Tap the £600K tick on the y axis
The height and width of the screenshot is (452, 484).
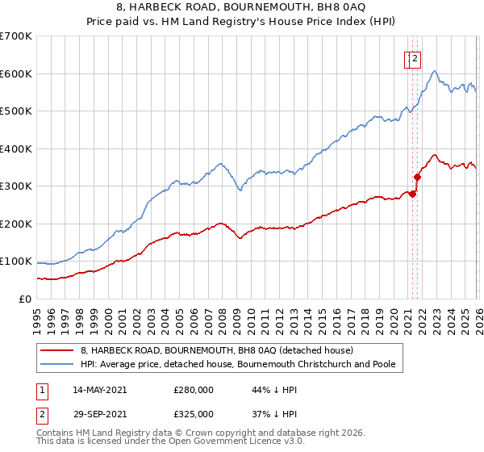(15, 73)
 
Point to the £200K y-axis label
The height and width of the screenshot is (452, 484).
(15, 224)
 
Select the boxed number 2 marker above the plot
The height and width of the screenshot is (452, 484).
(415, 58)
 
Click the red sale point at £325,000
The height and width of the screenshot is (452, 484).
(417, 177)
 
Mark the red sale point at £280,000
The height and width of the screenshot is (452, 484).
(412, 194)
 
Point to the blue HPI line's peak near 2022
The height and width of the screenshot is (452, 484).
(434, 72)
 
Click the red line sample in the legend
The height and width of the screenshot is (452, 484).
(58, 351)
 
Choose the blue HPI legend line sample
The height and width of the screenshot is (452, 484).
(58, 365)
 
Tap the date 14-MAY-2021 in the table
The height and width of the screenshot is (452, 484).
(99, 390)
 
